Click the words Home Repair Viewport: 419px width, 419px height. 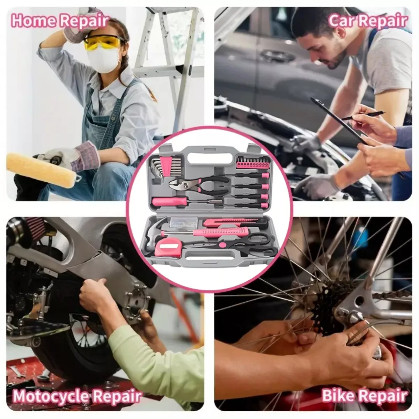(x=60, y=21)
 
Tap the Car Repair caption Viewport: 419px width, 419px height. (x=367, y=21)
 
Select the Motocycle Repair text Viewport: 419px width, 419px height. (x=77, y=390)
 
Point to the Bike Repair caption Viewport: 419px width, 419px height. (x=364, y=389)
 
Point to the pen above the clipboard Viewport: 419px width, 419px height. (x=363, y=115)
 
